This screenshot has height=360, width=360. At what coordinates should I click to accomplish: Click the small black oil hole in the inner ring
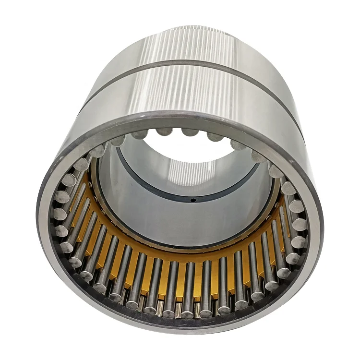click(x=192, y=200)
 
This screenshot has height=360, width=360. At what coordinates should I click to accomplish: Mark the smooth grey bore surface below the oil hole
click(x=192, y=221)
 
